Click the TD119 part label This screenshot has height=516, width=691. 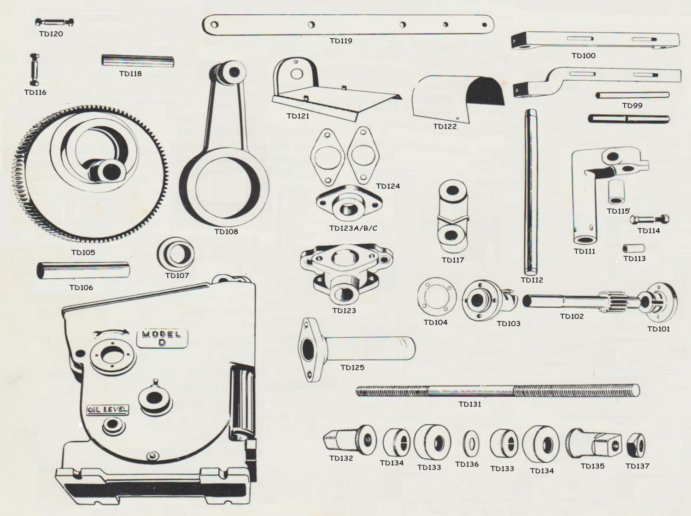341,41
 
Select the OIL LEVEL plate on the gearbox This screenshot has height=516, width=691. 108,409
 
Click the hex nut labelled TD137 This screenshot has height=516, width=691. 636,445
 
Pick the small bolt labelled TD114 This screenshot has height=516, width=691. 650,219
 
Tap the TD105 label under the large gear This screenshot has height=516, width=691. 83,252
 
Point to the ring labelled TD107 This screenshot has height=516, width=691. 176,254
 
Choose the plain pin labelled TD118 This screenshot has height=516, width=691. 138,61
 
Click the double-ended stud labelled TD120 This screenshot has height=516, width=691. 54,22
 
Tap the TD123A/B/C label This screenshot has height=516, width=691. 353,228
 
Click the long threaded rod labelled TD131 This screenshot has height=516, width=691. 498,391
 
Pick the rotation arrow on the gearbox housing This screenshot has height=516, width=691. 111,332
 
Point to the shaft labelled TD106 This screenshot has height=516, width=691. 83,270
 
